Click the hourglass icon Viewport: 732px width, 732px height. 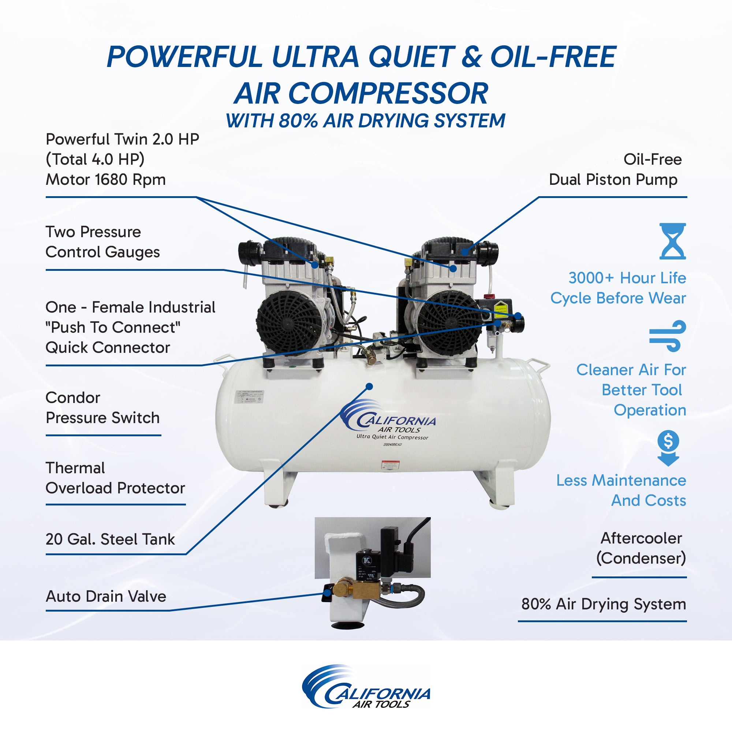pyautogui.click(x=672, y=241)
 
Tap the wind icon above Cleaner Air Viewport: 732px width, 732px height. pyautogui.click(x=668, y=335)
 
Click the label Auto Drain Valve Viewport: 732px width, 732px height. pyautogui.click(x=106, y=596)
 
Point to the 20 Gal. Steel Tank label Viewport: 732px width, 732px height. pyautogui.click(x=110, y=539)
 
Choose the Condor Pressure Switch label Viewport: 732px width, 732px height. pyautogui.click(x=102, y=408)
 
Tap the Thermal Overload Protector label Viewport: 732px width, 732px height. pyautogui.click(x=115, y=478)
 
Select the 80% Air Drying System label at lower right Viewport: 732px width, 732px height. pyautogui.click(x=603, y=604)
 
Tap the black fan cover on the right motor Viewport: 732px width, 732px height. pyautogui.click(x=451, y=323)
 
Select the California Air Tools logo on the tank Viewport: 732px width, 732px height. pyautogui.click(x=389, y=421)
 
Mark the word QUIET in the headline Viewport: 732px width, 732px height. pyautogui.click(x=411, y=57)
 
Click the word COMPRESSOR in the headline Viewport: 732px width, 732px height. pyautogui.click(x=388, y=94)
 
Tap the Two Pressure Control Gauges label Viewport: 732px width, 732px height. pyautogui.click(x=102, y=242)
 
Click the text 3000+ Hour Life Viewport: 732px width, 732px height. pyautogui.click(x=627, y=278)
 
